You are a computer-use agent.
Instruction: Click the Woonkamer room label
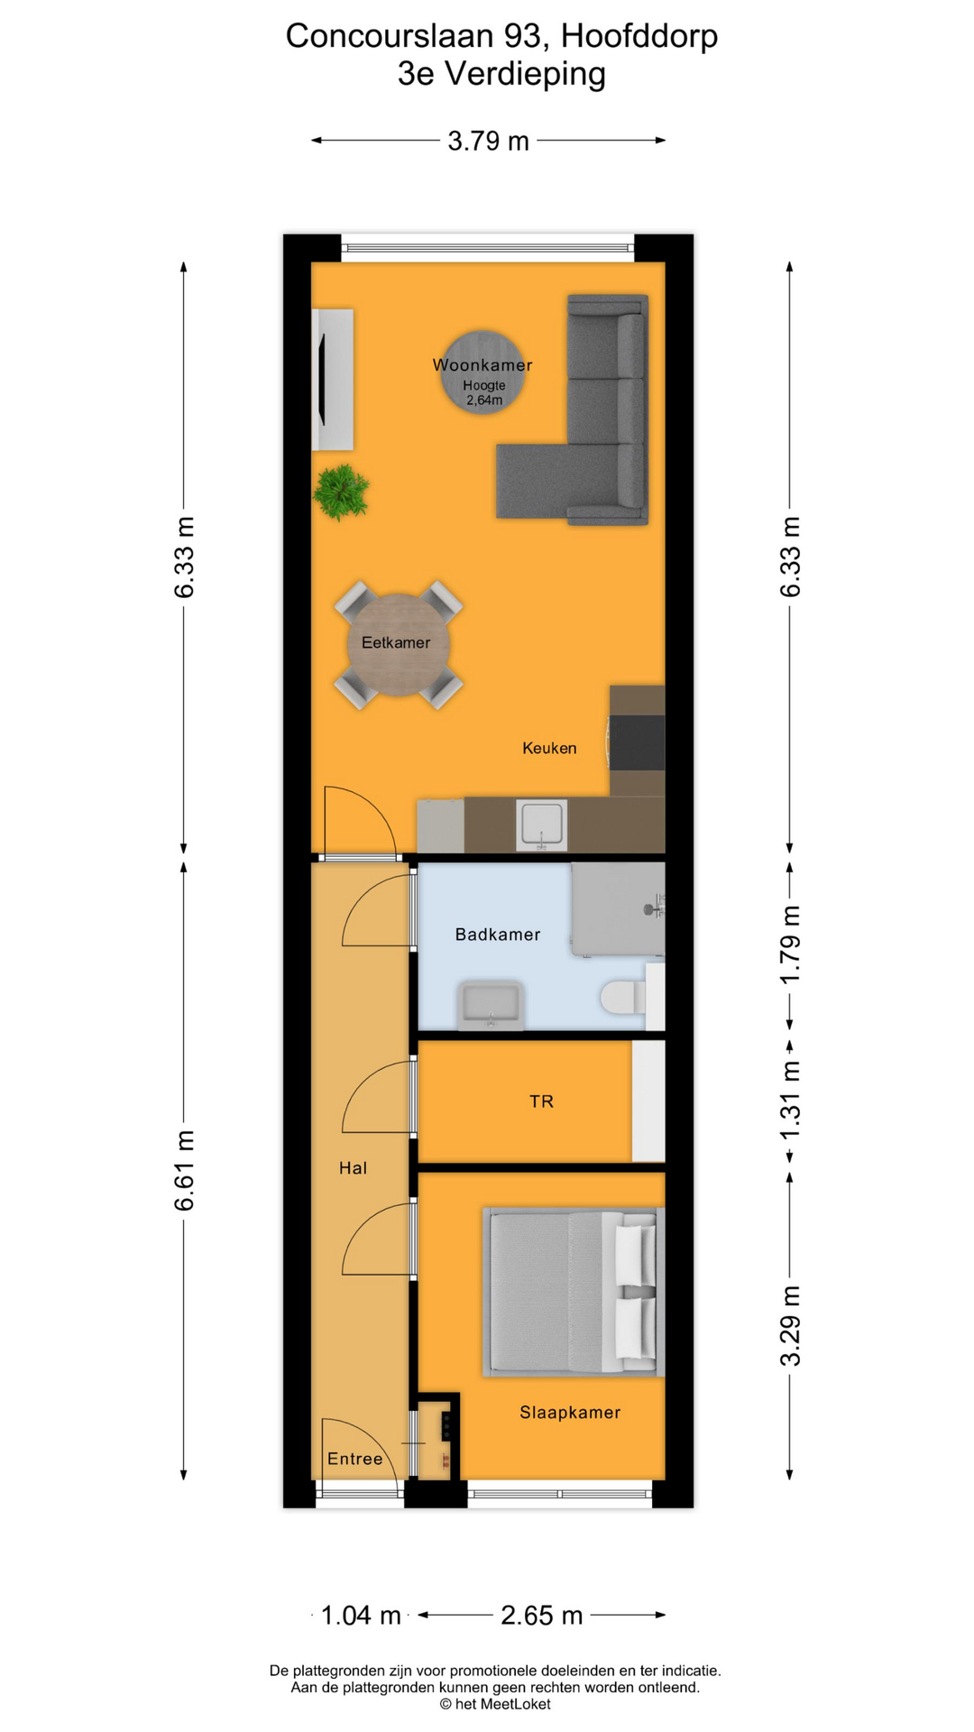(482, 365)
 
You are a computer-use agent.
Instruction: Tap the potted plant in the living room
(340, 492)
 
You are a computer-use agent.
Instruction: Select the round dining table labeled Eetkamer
(397, 643)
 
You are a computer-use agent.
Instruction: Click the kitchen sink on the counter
(541, 825)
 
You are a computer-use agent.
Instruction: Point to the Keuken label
(549, 748)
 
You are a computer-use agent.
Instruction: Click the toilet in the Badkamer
(621, 997)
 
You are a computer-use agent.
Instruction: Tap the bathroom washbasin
(491, 1005)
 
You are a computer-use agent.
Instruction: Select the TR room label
(541, 1101)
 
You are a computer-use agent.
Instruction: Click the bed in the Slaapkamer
(572, 1291)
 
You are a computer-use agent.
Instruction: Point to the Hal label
(353, 1168)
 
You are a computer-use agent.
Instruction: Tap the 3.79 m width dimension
(488, 142)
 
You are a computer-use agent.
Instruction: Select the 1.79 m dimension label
(790, 945)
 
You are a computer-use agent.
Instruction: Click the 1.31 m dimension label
(790, 1100)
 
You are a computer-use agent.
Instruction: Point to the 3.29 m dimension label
(790, 1326)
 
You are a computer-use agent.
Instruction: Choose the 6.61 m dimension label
(184, 1170)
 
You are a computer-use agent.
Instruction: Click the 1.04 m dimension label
(361, 1616)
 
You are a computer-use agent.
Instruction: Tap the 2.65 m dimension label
(541, 1616)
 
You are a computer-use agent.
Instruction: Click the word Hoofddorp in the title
(639, 36)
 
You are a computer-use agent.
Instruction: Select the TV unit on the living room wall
(332, 379)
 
